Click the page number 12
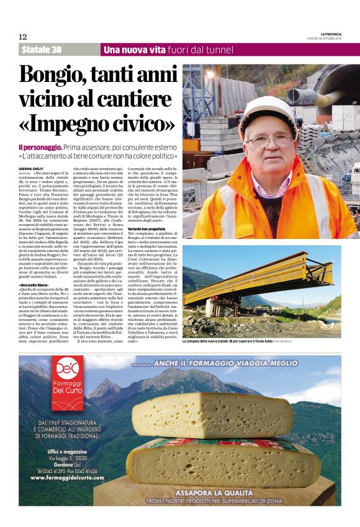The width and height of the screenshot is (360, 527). (x=23, y=37)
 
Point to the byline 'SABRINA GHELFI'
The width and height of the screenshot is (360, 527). (x=32, y=168)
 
